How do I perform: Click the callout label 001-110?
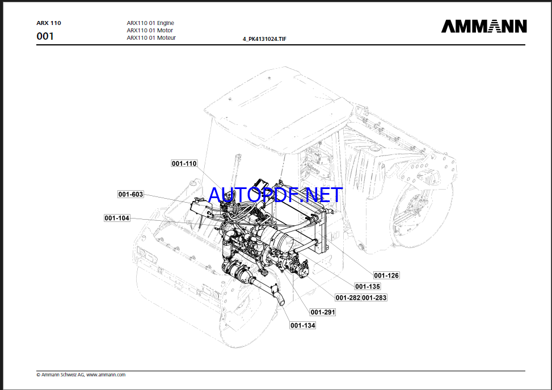184,163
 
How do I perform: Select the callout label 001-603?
130,194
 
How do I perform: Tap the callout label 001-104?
117,218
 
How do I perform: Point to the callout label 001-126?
386,275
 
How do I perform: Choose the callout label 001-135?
368,287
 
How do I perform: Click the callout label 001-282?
348,297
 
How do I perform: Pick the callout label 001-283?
374,297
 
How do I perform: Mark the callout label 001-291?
323,312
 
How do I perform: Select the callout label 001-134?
302,325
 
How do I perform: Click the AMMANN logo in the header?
484,26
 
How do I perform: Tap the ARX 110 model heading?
49,23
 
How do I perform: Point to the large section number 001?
45,36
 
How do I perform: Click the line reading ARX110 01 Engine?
150,23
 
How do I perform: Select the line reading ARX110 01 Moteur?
151,38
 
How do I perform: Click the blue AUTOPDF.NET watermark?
276,195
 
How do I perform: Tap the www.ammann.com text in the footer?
106,375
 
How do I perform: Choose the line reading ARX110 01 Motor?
150,31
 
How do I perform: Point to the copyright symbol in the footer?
38,375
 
